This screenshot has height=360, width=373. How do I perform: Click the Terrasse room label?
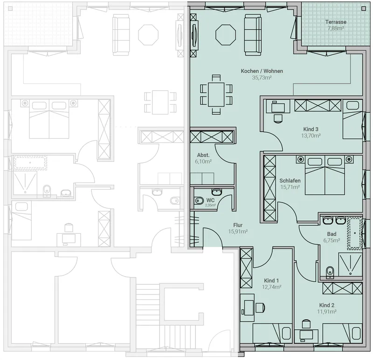coord(336,22)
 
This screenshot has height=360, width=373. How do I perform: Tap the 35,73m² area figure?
coord(262,77)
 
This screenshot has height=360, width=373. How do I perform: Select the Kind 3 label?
coord(311,129)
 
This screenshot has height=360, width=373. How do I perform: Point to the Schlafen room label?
coord(290,181)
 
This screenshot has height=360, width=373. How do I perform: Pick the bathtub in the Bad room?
coord(355,233)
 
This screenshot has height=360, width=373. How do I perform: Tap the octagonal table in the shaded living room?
coord(226,34)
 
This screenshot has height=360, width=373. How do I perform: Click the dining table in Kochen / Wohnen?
coord(216,95)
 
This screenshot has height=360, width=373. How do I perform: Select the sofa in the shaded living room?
coord(253,34)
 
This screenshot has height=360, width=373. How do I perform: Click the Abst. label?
coord(203,155)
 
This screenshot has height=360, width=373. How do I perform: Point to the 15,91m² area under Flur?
coord(238,231)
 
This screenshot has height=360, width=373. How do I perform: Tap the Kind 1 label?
coord(271,281)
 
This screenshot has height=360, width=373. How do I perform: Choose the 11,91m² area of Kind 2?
coord(327,312)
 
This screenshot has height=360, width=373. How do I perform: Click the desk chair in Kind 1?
coord(260,308)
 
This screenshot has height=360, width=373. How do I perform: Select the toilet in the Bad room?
coord(330,272)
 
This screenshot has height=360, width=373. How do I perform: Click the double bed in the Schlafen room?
coord(325,176)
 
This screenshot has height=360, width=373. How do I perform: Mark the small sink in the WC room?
coord(217,191)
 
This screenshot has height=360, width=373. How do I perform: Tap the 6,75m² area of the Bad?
coord(332,240)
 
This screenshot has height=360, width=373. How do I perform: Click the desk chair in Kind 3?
coord(278,118)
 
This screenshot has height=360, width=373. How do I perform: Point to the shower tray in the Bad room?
coord(350,264)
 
